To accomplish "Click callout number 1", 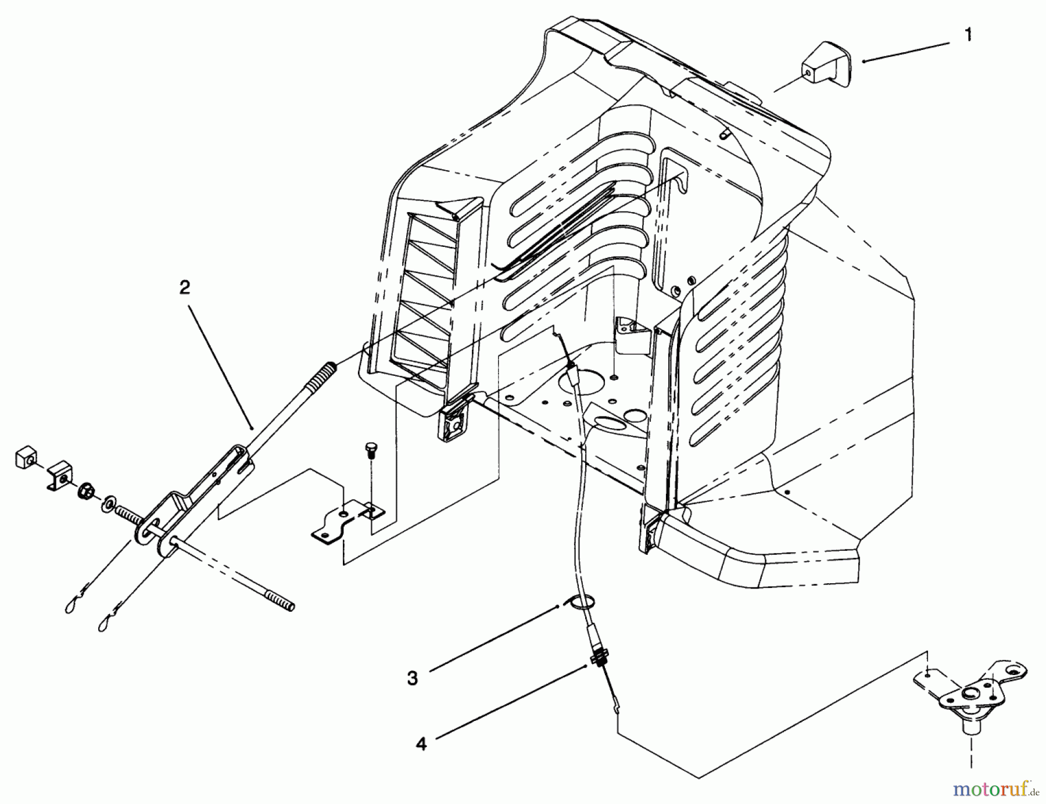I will coord(968,35).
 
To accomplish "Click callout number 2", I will coord(184,288).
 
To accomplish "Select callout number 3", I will coord(412,678).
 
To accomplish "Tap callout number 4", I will coord(421,744).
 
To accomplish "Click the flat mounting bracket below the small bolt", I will coord(346,521).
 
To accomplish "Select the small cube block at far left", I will coord(24,460).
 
